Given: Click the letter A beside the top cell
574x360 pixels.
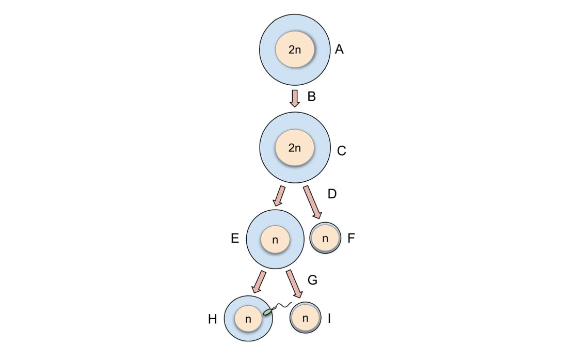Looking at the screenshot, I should click(339, 50).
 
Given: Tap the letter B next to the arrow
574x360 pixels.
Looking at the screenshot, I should click(311, 97).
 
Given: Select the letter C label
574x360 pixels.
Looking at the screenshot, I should click(341, 151).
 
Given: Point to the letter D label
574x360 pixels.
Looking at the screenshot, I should click(332, 194).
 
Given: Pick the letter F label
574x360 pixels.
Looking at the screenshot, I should click(352, 238).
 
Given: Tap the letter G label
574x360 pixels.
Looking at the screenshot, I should click(312, 280).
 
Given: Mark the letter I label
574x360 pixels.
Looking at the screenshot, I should click(329, 318).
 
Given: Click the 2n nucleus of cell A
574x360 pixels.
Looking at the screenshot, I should click(294, 50).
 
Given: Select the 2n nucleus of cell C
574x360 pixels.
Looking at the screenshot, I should click(294, 148).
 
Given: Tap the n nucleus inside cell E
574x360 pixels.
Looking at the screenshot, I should click(275, 240).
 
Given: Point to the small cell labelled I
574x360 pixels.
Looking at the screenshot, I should click(306, 318).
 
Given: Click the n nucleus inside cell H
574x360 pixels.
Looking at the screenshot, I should click(248, 319).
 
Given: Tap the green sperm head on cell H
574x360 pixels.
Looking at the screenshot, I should click(267, 312).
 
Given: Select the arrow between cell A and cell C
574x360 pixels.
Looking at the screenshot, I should click(295, 98).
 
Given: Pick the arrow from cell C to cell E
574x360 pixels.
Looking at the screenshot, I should click(279, 196).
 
